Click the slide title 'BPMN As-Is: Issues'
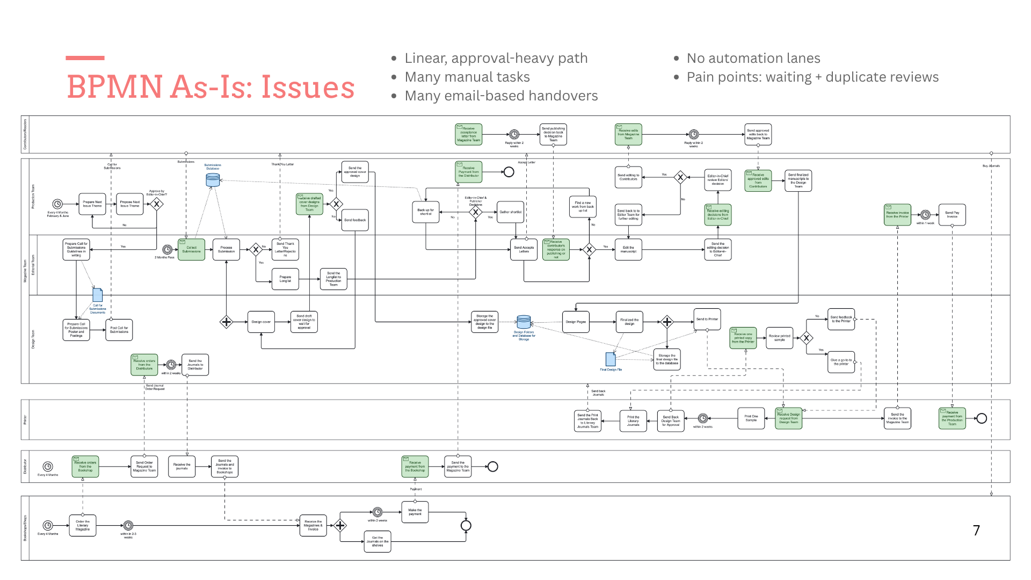pyautogui.click(x=210, y=87)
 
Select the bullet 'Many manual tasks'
pyautogui.click(x=467, y=77)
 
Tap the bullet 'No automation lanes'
pyautogui.click(x=753, y=59)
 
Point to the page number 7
pyautogui.click(x=976, y=531)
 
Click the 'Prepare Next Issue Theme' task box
pyautogui.click(x=92, y=204)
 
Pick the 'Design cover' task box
pyautogui.click(x=261, y=322)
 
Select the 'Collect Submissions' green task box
pyautogui.click(x=191, y=250)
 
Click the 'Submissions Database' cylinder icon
pyautogui.click(x=213, y=180)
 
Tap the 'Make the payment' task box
pyautogui.click(x=415, y=512)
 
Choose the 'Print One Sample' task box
pyautogui.click(x=751, y=418)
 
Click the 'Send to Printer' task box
pyautogui.click(x=707, y=320)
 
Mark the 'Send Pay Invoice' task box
pyautogui.click(x=952, y=215)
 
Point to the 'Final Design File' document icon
pyautogui.click(x=611, y=359)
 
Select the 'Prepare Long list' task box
pyautogui.click(x=285, y=279)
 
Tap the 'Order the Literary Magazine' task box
pyautogui.click(x=83, y=525)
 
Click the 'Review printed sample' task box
pyautogui.click(x=780, y=338)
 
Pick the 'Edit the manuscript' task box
pyautogui.click(x=628, y=250)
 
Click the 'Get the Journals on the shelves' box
pyautogui.click(x=377, y=541)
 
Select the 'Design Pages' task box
pyautogui.click(x=576, y=322)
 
